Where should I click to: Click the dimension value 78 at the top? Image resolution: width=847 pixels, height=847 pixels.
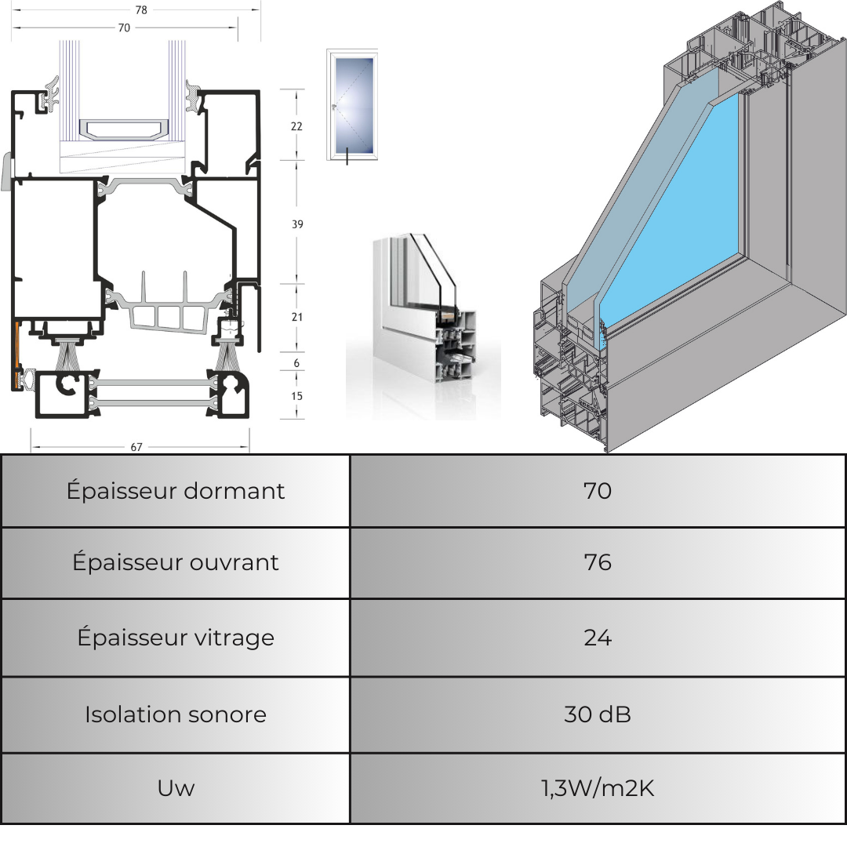(x=141, y=10)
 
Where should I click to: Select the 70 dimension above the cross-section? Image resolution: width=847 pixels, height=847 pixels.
(x=124, y=27)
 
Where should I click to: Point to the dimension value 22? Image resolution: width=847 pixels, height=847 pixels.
(x=296, y=125)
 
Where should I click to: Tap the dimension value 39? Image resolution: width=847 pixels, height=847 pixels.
(x=297, y=224)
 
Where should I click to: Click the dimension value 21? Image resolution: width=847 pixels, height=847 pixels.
(x=296, y=317)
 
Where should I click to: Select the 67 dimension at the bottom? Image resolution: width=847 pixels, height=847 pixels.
(x=136, y=447)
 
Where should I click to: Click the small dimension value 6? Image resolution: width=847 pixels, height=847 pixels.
(x=296, y=364)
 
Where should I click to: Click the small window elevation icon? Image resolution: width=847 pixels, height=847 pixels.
(x=351, y=104)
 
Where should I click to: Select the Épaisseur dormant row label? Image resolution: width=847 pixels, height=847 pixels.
(x=176, y=491)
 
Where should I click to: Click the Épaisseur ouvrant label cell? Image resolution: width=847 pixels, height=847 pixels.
(x=176, y=563)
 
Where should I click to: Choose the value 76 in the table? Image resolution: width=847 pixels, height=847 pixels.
(x=598, y=563)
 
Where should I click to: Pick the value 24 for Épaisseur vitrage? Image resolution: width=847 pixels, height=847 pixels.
(x=598, y=638)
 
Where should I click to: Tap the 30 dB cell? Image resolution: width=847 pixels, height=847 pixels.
(x=598, y=714)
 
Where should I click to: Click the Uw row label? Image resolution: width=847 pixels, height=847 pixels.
(x=176, y=788)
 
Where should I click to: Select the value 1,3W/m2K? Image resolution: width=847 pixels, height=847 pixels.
(x=598, y=788)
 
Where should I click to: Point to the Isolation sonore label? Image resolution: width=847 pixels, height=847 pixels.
(x=176, y=714)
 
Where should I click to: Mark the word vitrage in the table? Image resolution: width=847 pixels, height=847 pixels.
(x=232, y=638)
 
